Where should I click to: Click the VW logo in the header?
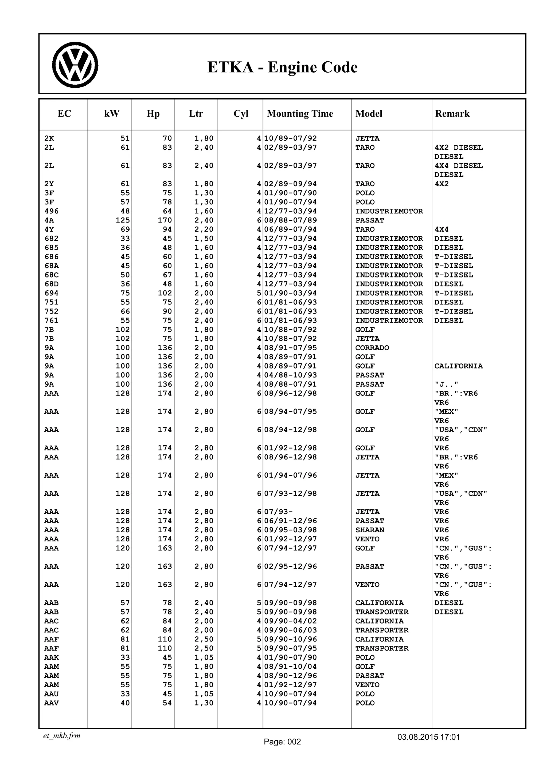75,65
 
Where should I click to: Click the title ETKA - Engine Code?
282,67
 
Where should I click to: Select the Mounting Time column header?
300,114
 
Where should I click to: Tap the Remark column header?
452,114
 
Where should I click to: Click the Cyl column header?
241,114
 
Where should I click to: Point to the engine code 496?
51,211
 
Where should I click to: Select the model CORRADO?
372,348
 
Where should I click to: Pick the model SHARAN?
370,530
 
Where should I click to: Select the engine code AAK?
51,657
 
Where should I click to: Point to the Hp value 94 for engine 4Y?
167,229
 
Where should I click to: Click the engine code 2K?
49,138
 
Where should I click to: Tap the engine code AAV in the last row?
51,703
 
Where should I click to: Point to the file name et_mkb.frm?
62,736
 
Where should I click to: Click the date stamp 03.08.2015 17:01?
428,737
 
